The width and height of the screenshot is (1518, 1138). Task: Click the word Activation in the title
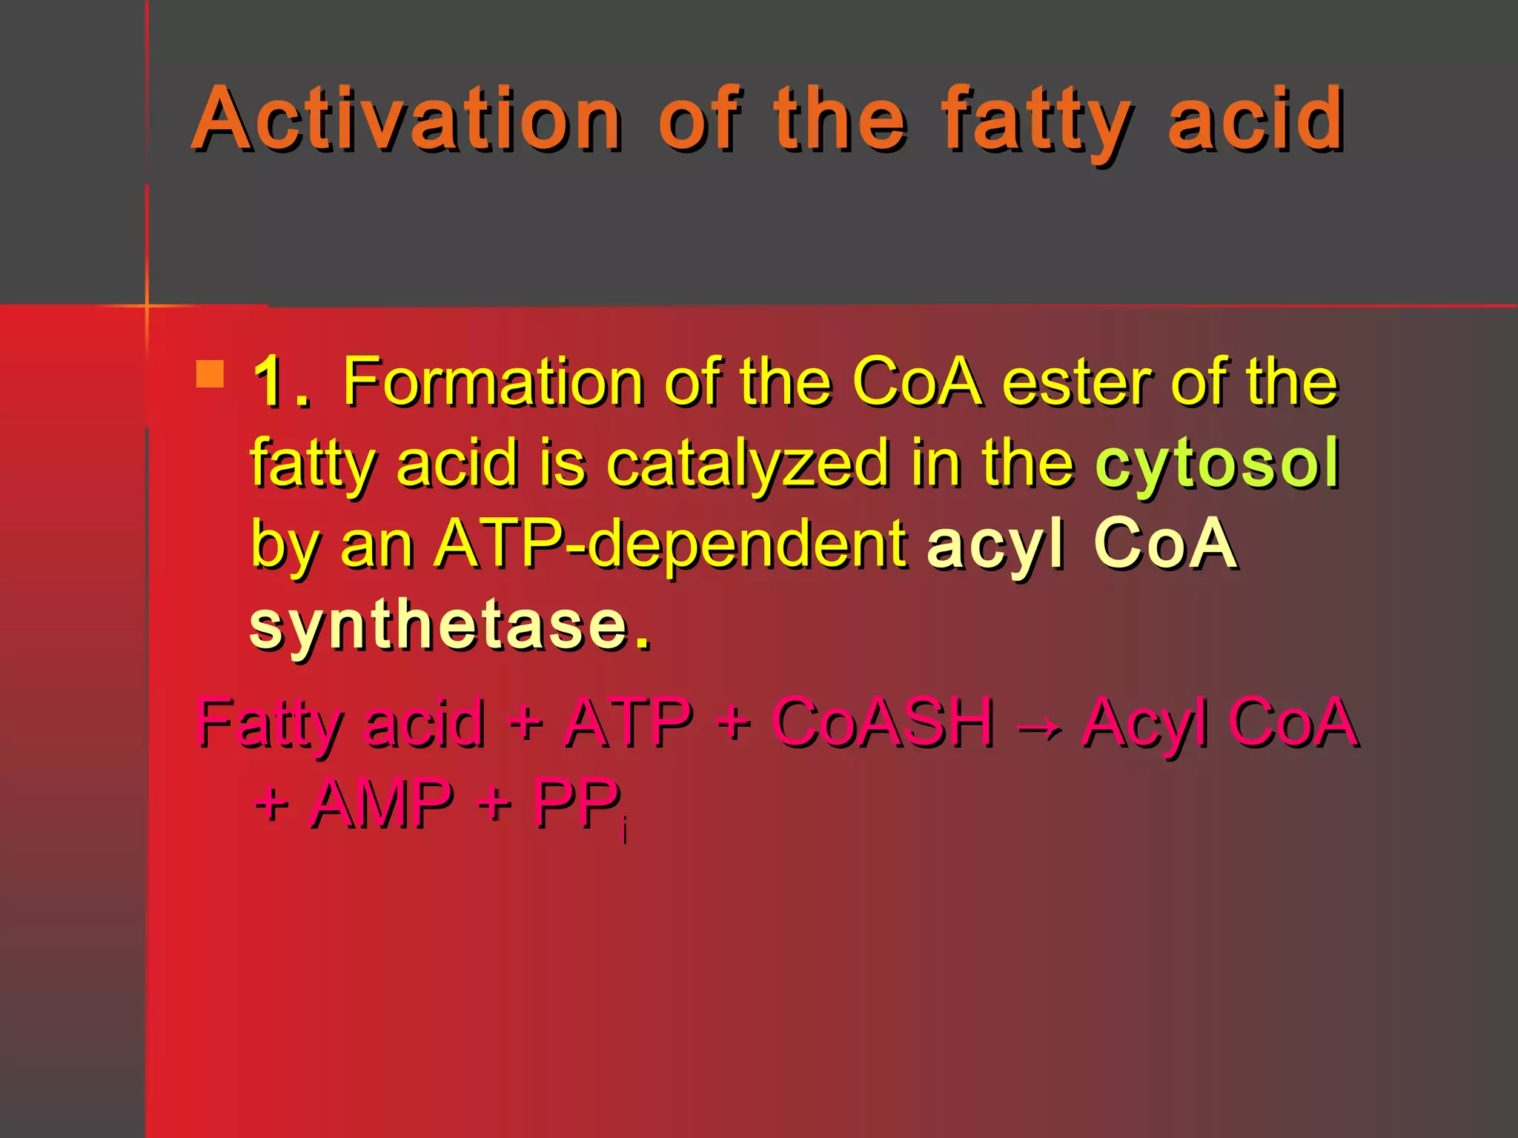(406, 119)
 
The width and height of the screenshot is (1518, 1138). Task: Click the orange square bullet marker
(210, 374)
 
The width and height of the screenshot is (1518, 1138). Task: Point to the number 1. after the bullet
(280, 383)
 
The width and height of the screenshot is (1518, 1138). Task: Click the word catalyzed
(747, 465)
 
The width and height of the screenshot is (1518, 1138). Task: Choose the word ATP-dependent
(671, 545)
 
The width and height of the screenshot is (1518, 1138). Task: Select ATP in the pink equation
(628, 722)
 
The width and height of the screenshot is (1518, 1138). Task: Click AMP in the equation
(382, 804)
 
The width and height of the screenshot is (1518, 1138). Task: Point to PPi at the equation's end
(580, 806)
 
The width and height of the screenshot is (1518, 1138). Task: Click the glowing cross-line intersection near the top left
(147, 305)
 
